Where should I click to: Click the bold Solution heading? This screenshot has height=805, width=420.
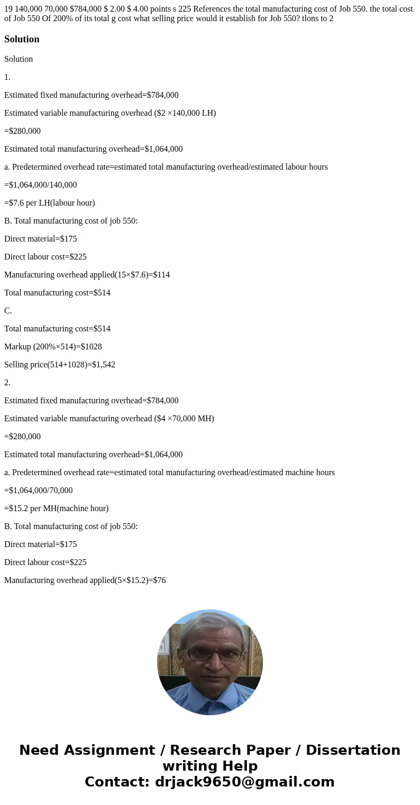pos(22,39)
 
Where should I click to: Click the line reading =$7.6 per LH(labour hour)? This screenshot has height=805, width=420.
pos(50,203)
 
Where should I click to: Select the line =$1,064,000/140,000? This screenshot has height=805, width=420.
pos(40,185)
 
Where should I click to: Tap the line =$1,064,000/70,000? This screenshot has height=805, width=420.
pos(38,491)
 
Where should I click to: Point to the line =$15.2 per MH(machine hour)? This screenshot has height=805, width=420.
pos(56,508)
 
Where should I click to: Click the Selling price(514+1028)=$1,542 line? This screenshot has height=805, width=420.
pos(60,365)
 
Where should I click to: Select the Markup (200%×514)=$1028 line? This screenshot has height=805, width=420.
pos(53,347)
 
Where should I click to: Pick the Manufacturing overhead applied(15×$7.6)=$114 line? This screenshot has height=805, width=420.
pos(87,275)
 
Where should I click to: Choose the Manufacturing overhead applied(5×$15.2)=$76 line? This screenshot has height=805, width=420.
pos(85,580)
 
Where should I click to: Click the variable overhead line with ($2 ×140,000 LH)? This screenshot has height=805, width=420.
pos(110,113)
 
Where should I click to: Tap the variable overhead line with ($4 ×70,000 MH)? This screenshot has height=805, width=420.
pos(109,419)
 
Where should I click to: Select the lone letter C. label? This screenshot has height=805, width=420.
pos(8,311)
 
